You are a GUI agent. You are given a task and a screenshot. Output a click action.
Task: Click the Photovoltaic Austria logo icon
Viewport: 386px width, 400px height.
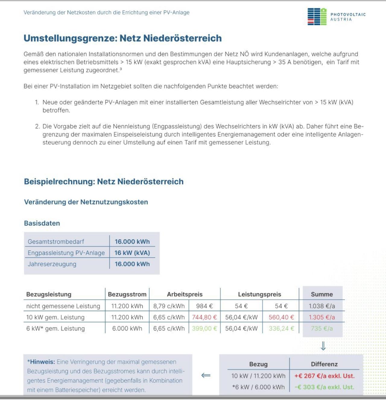pyautogui.click(x=317, y=17)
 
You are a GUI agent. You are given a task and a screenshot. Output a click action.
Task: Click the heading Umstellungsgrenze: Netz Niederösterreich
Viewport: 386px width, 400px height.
pyautogui.click(x=123, y=38)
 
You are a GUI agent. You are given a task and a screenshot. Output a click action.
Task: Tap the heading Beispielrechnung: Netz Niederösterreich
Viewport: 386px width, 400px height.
pyautogui.click(x=104, y=182)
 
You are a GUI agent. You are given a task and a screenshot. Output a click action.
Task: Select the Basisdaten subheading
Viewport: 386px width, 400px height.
pyautogui.click(x=42, y=223)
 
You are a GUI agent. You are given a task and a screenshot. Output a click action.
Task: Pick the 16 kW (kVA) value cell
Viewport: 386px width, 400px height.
pyautogui.click(x=132, y=253)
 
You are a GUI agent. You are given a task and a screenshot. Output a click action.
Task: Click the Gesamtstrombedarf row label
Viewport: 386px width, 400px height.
pyautogui.click(x=56, y=242)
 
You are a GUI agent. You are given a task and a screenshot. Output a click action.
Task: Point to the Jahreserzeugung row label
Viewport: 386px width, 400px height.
pyautogui.click(x=52, y=264)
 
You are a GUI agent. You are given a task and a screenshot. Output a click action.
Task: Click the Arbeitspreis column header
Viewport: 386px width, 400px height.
pyautogui.click(x=185, y=294)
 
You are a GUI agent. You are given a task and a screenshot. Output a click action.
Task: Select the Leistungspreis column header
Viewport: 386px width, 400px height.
pyautogui.click(x=259, y=294)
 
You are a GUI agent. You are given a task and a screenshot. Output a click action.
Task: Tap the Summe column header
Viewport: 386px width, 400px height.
pyautogui.click(x=322, y=294)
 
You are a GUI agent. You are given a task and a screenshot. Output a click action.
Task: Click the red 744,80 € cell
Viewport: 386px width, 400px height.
pyautogui.click(x=204, y=317)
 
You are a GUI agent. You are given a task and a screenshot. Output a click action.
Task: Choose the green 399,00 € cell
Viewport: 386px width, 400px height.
pyautogui.click(x=204, y=329)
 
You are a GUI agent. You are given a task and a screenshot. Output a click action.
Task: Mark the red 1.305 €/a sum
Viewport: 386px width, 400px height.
pyautogui.click(x=322, y=317)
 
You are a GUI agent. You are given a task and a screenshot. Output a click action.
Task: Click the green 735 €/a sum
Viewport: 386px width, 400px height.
pyautogui.click(x=322, y=329)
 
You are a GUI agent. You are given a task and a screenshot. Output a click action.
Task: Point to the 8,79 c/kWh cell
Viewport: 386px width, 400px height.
pyautogui.click(x=169, y=306)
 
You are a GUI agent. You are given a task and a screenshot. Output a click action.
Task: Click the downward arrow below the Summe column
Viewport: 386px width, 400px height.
pyautogui.click(x=323, y=346)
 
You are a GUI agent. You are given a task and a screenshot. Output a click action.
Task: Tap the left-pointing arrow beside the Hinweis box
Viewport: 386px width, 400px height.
pyautogui.click(x=206, y=375)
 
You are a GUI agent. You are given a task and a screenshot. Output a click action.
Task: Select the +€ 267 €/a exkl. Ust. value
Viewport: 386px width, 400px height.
pyautogui.click(x=324, y=376)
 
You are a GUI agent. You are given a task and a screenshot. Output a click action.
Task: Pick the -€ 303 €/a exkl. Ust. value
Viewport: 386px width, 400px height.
pyautogui.click(x=324, y=387)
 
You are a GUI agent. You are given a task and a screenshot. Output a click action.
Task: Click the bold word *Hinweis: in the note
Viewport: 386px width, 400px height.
pyautogui.click(x=41, y=362)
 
